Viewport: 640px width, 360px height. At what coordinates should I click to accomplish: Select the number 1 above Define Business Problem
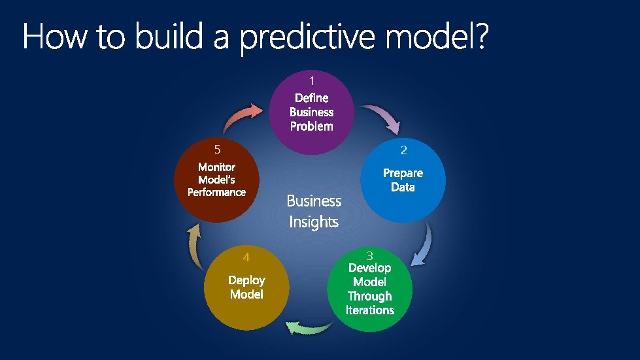coord(312,81)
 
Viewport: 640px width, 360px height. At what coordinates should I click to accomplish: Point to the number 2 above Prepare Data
coord(403,150)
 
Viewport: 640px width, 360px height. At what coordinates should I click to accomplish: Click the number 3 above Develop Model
coord(369,255)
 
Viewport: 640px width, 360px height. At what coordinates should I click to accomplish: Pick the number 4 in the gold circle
coord(246,256)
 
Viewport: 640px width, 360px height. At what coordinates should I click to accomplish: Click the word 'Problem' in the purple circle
coord(311,126)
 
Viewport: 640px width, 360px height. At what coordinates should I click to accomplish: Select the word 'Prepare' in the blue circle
coord(403,173)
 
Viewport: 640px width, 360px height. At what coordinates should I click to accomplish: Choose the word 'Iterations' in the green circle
coord(370,310)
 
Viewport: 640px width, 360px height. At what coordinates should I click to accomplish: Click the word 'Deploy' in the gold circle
coord(246,280)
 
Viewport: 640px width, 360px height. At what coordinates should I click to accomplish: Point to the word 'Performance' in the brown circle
coord(216,192)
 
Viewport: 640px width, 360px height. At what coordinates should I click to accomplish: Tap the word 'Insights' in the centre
coord(314,222)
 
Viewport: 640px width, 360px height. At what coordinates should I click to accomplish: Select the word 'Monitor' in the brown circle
coord(216,167)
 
